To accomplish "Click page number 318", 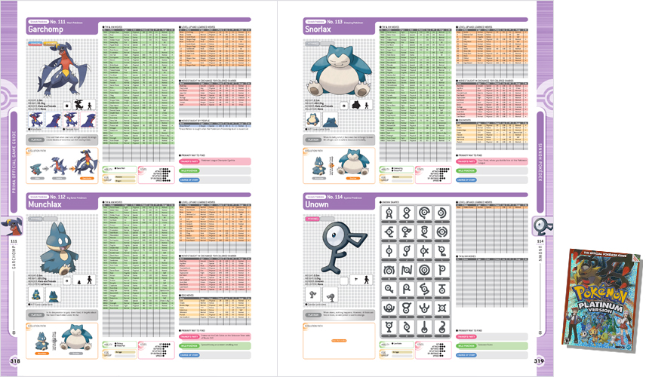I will (x=13, y=360).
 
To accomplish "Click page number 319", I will (x=540, y=360).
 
